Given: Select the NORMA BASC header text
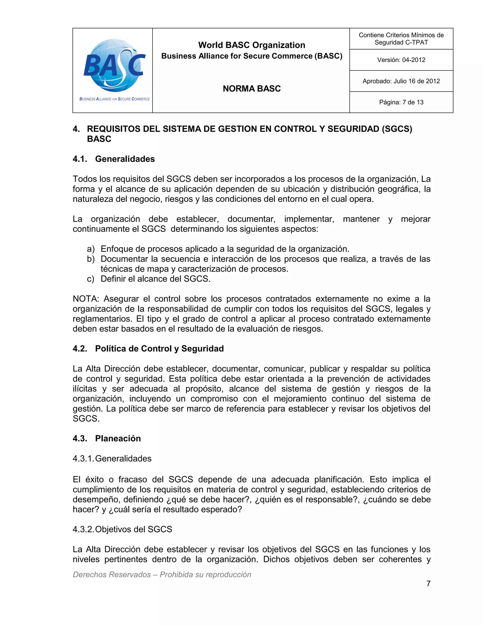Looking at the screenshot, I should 251,89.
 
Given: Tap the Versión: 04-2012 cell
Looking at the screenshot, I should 401,60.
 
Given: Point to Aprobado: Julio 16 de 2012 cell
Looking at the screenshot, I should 401,81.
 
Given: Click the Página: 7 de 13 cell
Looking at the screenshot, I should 401,102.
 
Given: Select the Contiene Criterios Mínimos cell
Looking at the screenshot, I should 401,39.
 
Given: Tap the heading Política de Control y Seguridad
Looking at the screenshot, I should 159,349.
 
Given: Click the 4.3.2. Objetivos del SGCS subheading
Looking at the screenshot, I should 122,529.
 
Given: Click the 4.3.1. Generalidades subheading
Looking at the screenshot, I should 112,458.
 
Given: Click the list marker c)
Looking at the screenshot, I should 90,279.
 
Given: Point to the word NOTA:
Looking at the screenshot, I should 86,299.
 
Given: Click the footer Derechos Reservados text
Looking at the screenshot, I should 162,574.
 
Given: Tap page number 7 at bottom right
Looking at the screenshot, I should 428,583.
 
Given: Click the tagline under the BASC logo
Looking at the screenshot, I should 114,99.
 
